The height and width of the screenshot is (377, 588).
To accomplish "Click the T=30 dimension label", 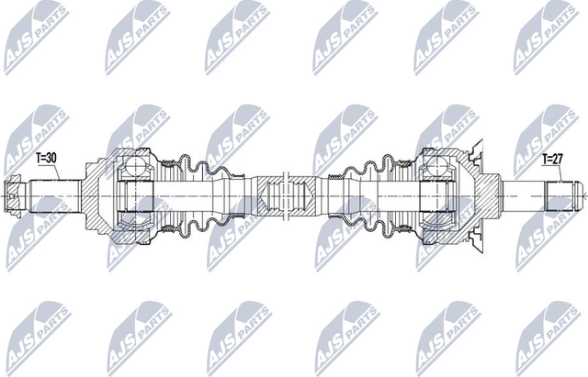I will [x=46, y=158].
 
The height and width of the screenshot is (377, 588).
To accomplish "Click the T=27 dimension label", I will [x=551, y=159].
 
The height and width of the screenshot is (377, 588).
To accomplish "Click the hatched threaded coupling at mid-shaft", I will [x=276, y=195].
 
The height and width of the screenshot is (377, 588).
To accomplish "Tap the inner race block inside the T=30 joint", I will [x=134, y=195].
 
